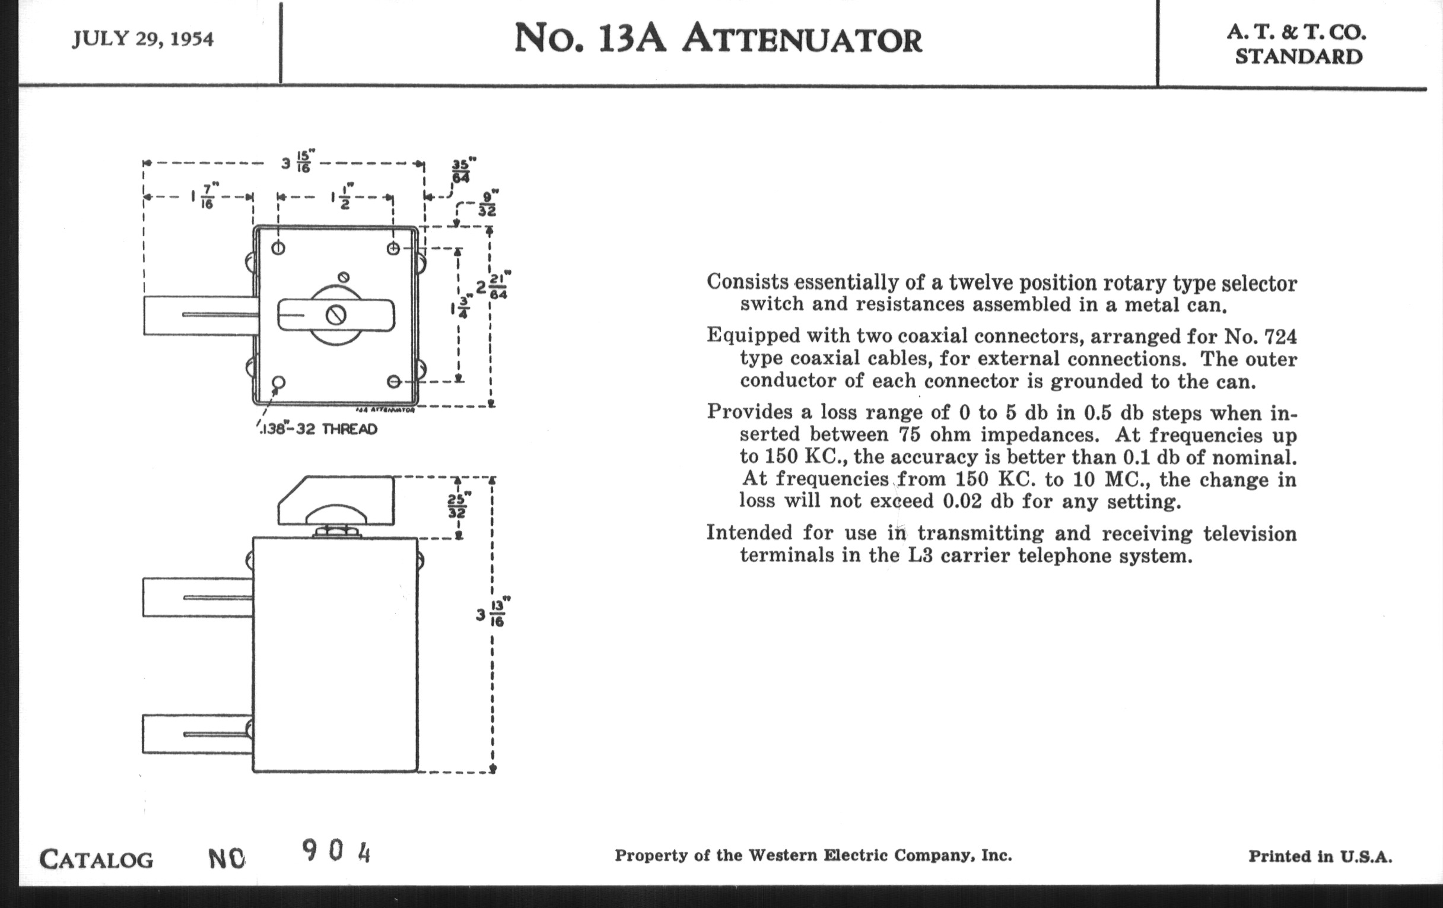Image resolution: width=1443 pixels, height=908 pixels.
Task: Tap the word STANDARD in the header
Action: (1299, 57)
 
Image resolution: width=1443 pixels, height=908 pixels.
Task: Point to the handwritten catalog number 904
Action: (336, 850)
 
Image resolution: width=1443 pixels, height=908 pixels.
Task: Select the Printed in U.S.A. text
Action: (1320, 856)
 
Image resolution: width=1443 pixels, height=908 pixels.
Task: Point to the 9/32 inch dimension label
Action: (487, 204)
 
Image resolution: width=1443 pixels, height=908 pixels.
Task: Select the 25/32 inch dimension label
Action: (459, 505)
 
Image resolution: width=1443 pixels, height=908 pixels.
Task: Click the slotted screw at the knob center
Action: (336, 315)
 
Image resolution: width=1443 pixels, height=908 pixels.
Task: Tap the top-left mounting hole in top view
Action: (278, 248)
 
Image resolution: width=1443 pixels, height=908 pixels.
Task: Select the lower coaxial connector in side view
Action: (197, 734)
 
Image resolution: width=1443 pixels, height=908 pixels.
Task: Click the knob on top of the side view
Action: (336, 501)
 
